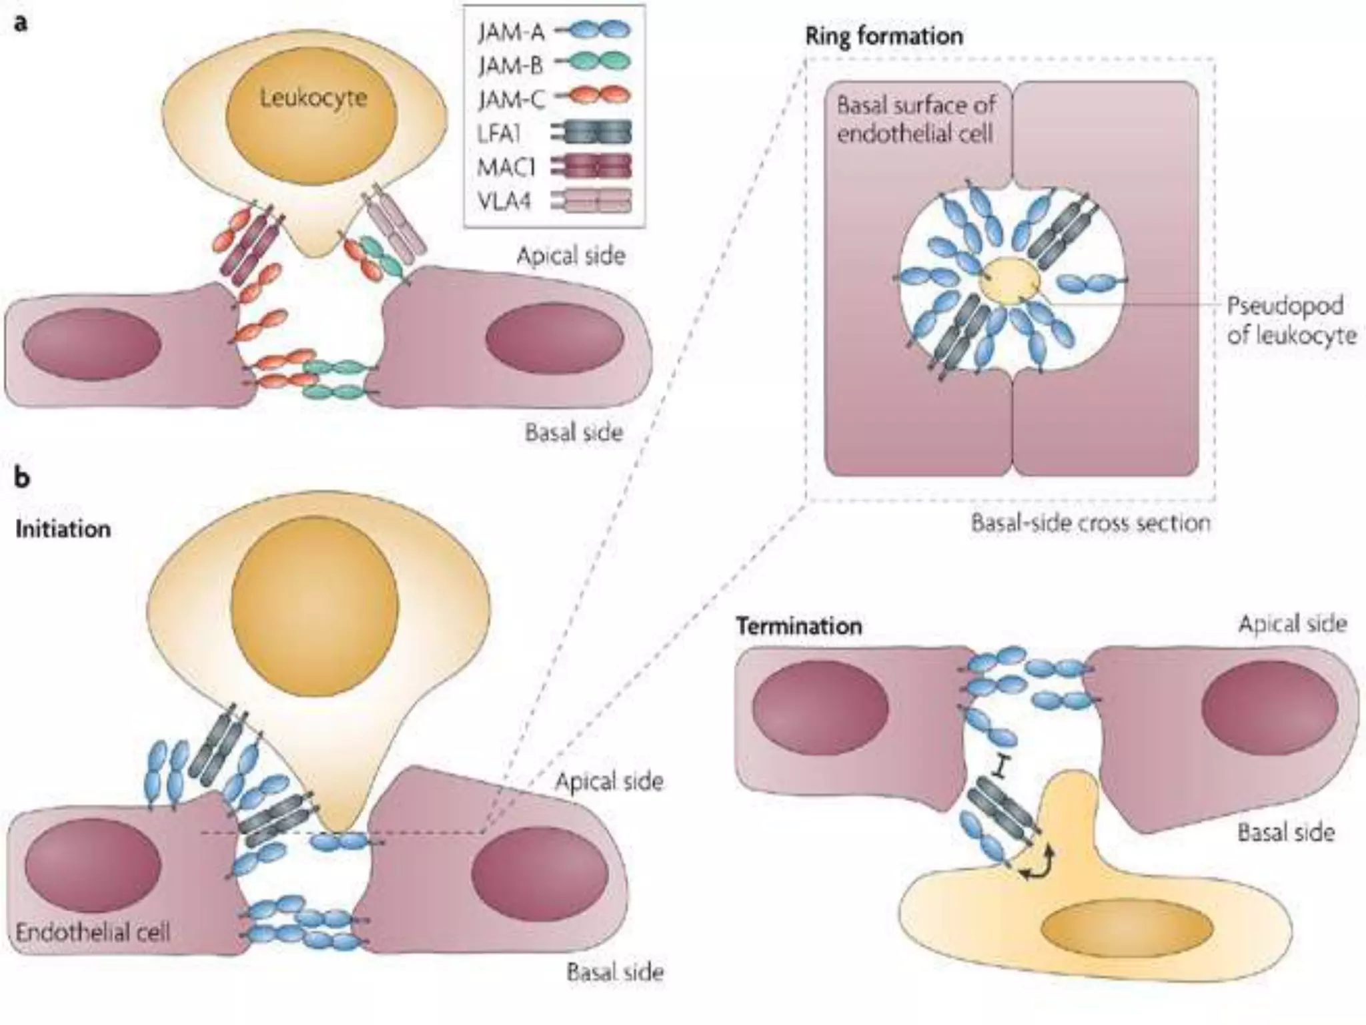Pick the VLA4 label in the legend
point(505,201)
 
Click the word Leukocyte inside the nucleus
point(313,99)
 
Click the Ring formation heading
point(884,36)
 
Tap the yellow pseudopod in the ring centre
point(1010,281)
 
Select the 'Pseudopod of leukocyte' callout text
point(1291,320)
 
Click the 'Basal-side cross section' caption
point(1090,523)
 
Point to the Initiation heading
point(63,529)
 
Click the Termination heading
point(798,626)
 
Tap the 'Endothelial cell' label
point(93,932)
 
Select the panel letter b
point(22,478)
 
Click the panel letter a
point(21,24)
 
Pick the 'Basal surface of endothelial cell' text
point(915,119)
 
